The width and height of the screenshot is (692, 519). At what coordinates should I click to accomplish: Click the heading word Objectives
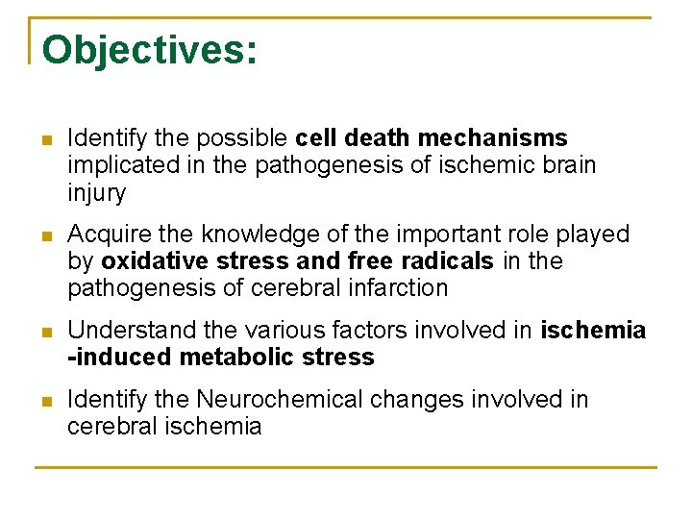point(149,50)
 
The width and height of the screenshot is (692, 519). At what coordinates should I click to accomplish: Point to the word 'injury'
point(96,193)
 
